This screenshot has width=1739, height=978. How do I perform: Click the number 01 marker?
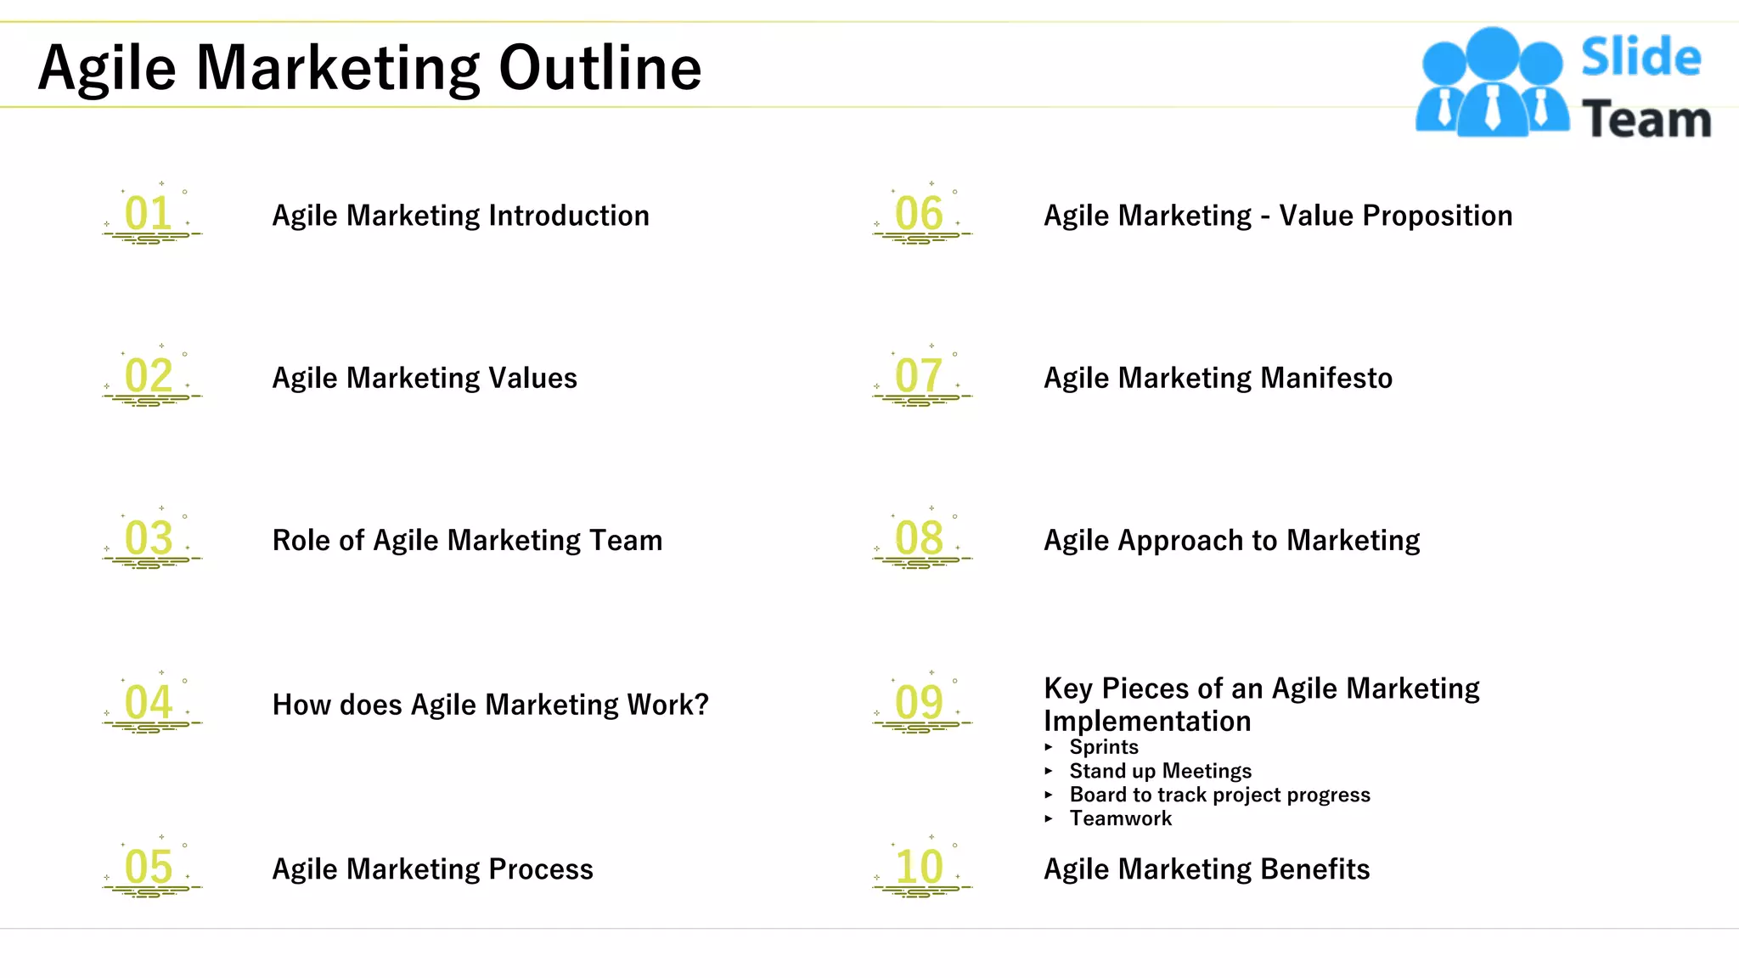click(149, 213)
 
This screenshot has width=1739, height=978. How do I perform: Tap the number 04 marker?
click(149, 702)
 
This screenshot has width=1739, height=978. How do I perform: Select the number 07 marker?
click(919, 375)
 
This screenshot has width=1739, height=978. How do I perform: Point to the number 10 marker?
click(919, 867)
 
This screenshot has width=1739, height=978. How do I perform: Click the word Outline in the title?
click(600, 68)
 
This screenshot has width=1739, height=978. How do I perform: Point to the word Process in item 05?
click(541, 869)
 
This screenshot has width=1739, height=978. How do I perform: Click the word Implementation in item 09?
click(1147, 721)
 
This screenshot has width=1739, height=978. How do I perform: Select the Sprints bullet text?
click(1104, 747)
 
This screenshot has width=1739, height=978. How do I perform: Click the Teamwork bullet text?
click(1121, 818)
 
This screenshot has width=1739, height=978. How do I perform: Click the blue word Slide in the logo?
click(1641, 58)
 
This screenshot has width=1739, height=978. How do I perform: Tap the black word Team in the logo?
click(1646, 119)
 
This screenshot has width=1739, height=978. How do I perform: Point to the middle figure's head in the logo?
click(1493, 53)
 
